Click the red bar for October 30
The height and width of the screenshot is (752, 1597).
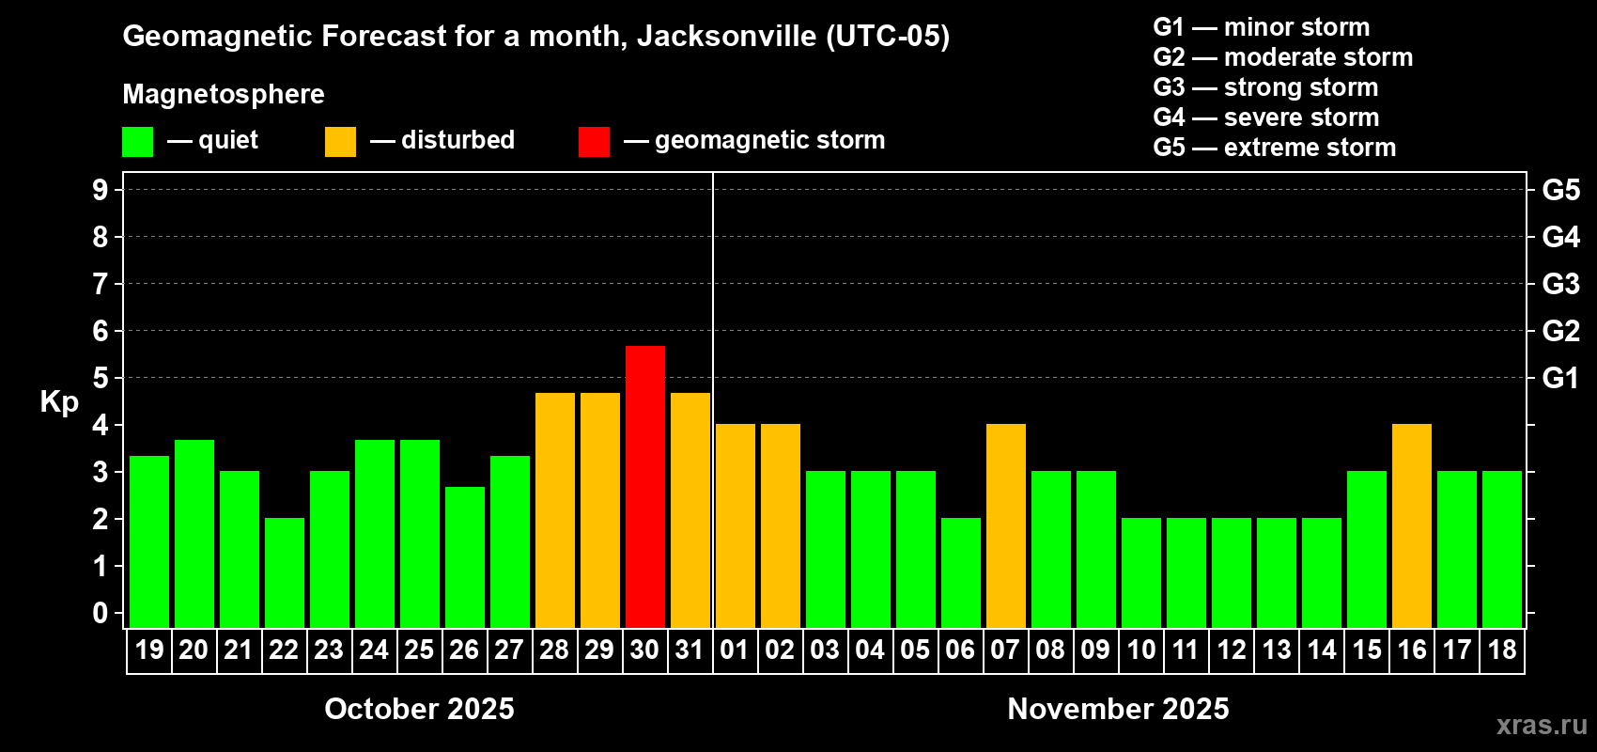click(x=644, y=486)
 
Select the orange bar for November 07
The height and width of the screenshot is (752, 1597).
click(x=1005, y=525)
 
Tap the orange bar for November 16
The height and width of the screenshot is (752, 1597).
click(x=1411, y=525)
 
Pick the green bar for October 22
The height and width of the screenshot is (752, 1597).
click(x=284, y=572)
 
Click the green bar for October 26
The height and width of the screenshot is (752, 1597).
click(x=464, y=556)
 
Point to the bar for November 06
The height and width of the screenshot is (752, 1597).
click(x=960, y=572)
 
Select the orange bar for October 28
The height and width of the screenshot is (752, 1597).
click(x=554, y=509)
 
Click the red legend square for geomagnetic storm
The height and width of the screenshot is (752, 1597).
click(x=594, y=142)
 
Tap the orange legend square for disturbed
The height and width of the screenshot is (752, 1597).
click(x=340, y=142)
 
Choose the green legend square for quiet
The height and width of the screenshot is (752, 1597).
click(x=137, y=142)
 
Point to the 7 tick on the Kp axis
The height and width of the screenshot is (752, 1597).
click(x=101, y=284)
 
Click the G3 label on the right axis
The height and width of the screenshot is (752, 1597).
click(x=1560, y=284)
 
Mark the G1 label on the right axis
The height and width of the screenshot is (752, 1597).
click(x=1560, y=378)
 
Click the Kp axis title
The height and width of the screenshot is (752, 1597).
click(x=59, y=401)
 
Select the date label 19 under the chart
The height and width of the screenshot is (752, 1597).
click(x=148, y=650)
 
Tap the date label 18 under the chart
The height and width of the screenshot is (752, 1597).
click(x=1501, y=650)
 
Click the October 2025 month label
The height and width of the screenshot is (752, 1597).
click(x=419, y=709)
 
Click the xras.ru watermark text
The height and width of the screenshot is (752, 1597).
click(x=1541, y=725)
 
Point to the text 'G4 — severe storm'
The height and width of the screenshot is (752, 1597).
click(x=1265, y=117)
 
